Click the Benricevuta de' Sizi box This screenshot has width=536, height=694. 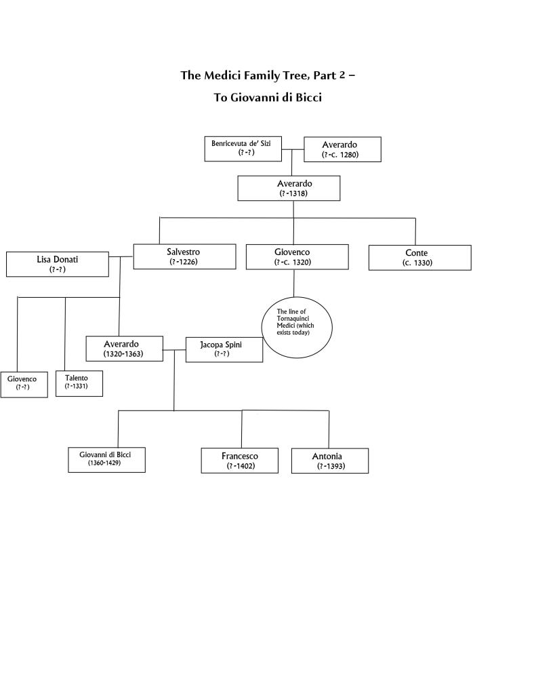243,149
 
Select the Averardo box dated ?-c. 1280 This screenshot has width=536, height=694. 342,149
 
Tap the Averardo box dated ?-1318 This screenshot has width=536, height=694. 288,188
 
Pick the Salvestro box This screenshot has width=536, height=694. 184,256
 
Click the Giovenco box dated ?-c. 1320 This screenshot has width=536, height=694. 297,256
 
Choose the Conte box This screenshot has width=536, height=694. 419,258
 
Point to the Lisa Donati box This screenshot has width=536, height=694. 57,264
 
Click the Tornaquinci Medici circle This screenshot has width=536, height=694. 297,327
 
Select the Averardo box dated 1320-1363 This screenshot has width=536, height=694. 124,349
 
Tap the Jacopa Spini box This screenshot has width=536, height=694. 224,349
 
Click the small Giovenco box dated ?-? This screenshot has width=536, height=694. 24,384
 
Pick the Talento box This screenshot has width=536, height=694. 80,383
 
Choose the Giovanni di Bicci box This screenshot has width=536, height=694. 106,459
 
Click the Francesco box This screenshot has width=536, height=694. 239,461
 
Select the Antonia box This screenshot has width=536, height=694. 330,461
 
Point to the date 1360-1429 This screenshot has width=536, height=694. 104,464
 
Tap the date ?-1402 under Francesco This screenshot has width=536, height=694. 241,466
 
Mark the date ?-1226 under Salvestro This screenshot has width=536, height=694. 184,262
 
